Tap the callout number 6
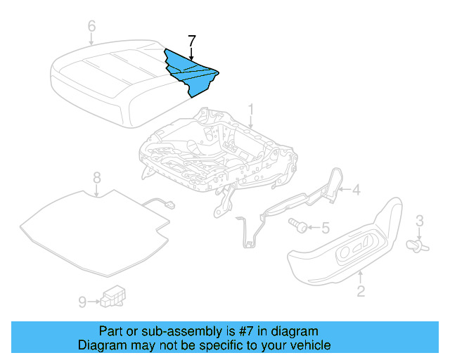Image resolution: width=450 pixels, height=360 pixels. pyautogui.click(x=91, y=27)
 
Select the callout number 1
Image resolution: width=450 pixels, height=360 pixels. pyautogui.click(x=250, y=110)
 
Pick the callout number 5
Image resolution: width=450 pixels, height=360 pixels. pyautogui.click(x=324, y=227)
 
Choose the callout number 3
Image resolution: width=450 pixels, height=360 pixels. pyautogui.click(x=419, y=221)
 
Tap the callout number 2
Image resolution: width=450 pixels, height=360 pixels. pyautogui.click(x=361, y=290)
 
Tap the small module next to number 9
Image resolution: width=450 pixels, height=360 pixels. pyautogui.click(x=112, y=297)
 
